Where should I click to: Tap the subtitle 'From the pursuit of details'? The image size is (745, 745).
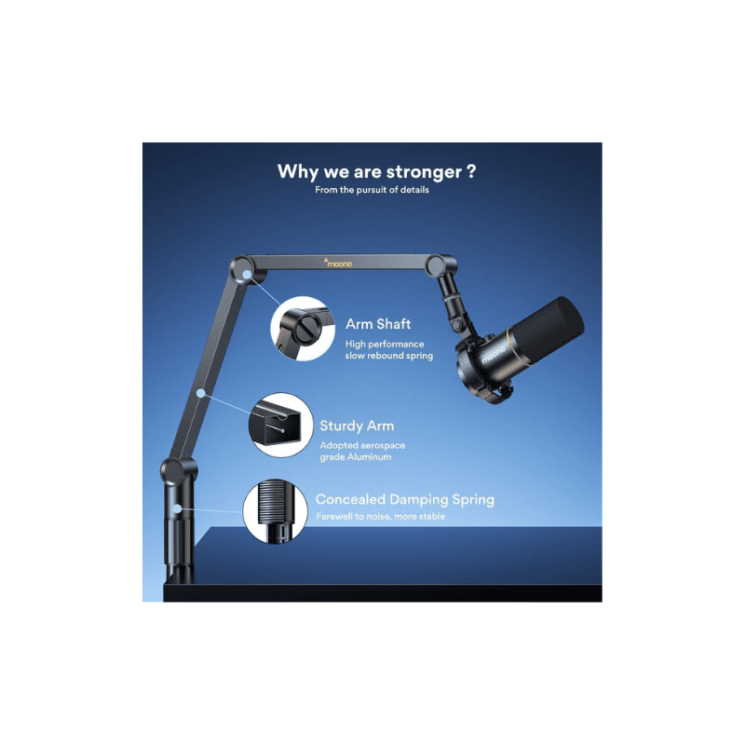(371, 190)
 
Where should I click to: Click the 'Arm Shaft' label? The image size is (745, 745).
(378, 324)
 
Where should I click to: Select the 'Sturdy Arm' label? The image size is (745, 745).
(357, 426)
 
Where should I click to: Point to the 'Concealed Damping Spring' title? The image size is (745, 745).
(404, 500)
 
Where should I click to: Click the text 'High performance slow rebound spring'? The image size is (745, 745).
(388, 350)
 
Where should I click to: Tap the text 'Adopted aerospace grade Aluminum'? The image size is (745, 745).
(362, 451)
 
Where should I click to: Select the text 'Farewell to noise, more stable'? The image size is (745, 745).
(380, 516)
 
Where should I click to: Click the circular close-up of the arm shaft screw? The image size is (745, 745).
(303, 329)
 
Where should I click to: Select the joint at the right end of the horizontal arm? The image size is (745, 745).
(435, 266)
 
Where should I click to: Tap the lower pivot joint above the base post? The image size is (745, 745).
(175, 470)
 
